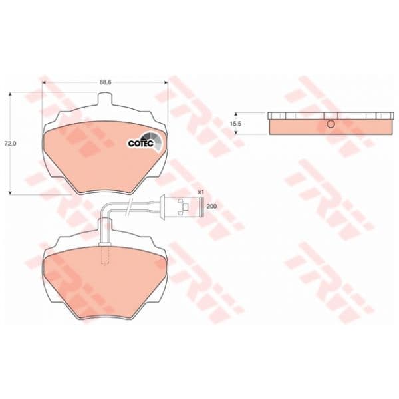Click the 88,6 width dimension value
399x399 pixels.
(x=105, y=82)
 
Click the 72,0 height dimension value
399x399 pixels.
(x=11, y=144)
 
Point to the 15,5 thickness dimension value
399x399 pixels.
(x=235, y=124)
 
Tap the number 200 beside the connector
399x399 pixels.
(x=211, y=207)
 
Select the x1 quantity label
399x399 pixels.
(x=201, y=192)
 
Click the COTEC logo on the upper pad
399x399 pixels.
(x=144, y=142)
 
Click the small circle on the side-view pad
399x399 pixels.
(x=331, y=124)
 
